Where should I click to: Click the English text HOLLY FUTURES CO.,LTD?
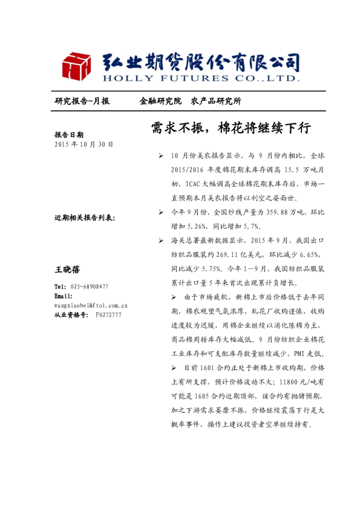[201, 78]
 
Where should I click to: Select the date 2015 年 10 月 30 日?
[83, 145]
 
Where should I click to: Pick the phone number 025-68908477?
[90, 287]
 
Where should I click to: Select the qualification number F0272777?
[108, 315]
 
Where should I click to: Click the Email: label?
[64, 296]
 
